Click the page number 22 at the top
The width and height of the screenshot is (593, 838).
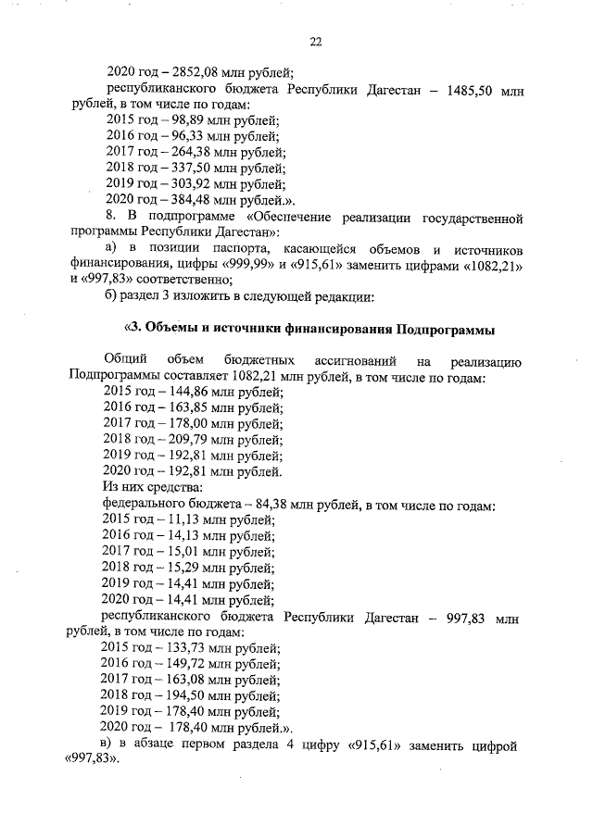pos(315,42)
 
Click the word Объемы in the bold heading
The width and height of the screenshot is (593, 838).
pos(177,330)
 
